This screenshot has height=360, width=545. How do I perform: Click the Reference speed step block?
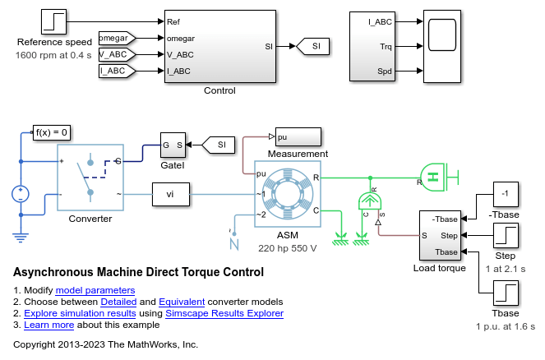click(x=54, y=21)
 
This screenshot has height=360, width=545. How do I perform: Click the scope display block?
click(x=441, y=47)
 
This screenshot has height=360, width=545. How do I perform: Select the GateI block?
click(x=173, y=145)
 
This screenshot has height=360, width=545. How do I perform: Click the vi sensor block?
click(x=170, y=195)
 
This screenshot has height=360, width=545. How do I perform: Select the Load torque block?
click(x=443, y=235)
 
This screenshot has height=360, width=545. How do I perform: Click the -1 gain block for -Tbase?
click(x=506, y=195)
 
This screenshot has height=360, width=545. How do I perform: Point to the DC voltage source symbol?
click(x=21, y=195)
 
